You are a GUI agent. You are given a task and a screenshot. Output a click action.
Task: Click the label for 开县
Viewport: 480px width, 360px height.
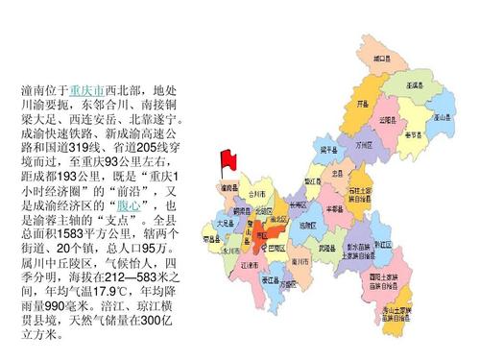363,102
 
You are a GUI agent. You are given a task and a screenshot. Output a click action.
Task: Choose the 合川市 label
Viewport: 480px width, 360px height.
256,195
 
